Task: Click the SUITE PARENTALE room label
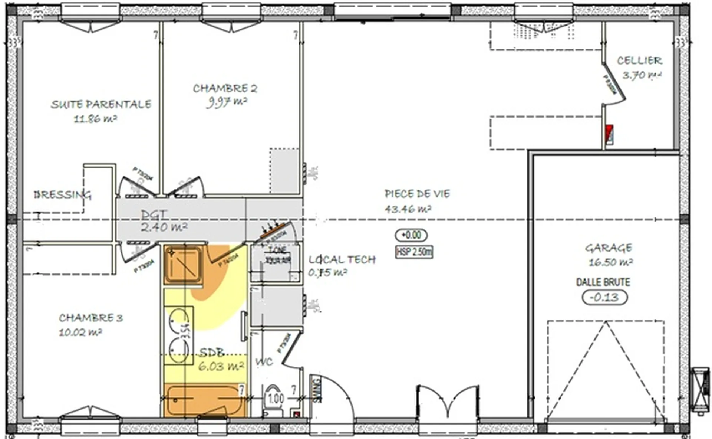[x=101, y=104]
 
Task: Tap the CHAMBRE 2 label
[x=225, y=88]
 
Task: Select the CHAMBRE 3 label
[x=90, y=318]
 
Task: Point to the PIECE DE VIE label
[x=417, y=194]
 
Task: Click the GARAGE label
[x=608, y=248]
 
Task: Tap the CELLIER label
[x=639, y=60]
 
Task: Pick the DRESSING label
[x=62, y=194]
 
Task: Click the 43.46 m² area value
[x=408, y=209]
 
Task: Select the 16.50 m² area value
[x=610, y=262]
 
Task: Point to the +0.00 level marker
[x=411, y=235]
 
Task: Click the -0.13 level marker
[x=604, y=297]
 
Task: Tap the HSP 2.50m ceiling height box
[x=414, y=252]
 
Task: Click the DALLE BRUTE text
[x=603, y=282]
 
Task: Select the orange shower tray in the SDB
[x=183, y=265]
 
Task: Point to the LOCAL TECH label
[x=342, y=259]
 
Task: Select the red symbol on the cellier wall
[x=609, y=134]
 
